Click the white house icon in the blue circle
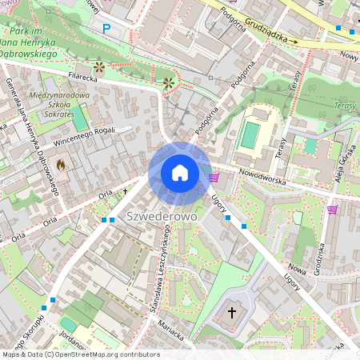[x=179, y=173]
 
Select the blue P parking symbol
[x=106, y=28]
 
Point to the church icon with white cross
[x=233, y=311]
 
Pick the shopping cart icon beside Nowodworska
[x=214, y=177]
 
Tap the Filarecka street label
[x=82, y=78]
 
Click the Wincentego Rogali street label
[x=84, y=137]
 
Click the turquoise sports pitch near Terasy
[x=250, y=134]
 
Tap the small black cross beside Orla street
[x=125, y=191]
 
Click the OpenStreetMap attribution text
[x=80, y=354]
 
